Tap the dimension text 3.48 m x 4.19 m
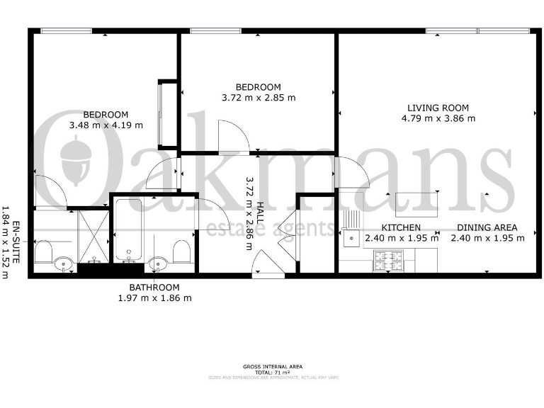106,125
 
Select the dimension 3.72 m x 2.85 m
259,98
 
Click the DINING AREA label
487,227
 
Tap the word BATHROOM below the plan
154,288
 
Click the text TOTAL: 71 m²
272,371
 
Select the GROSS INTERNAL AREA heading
272,365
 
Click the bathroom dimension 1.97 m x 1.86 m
154,298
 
